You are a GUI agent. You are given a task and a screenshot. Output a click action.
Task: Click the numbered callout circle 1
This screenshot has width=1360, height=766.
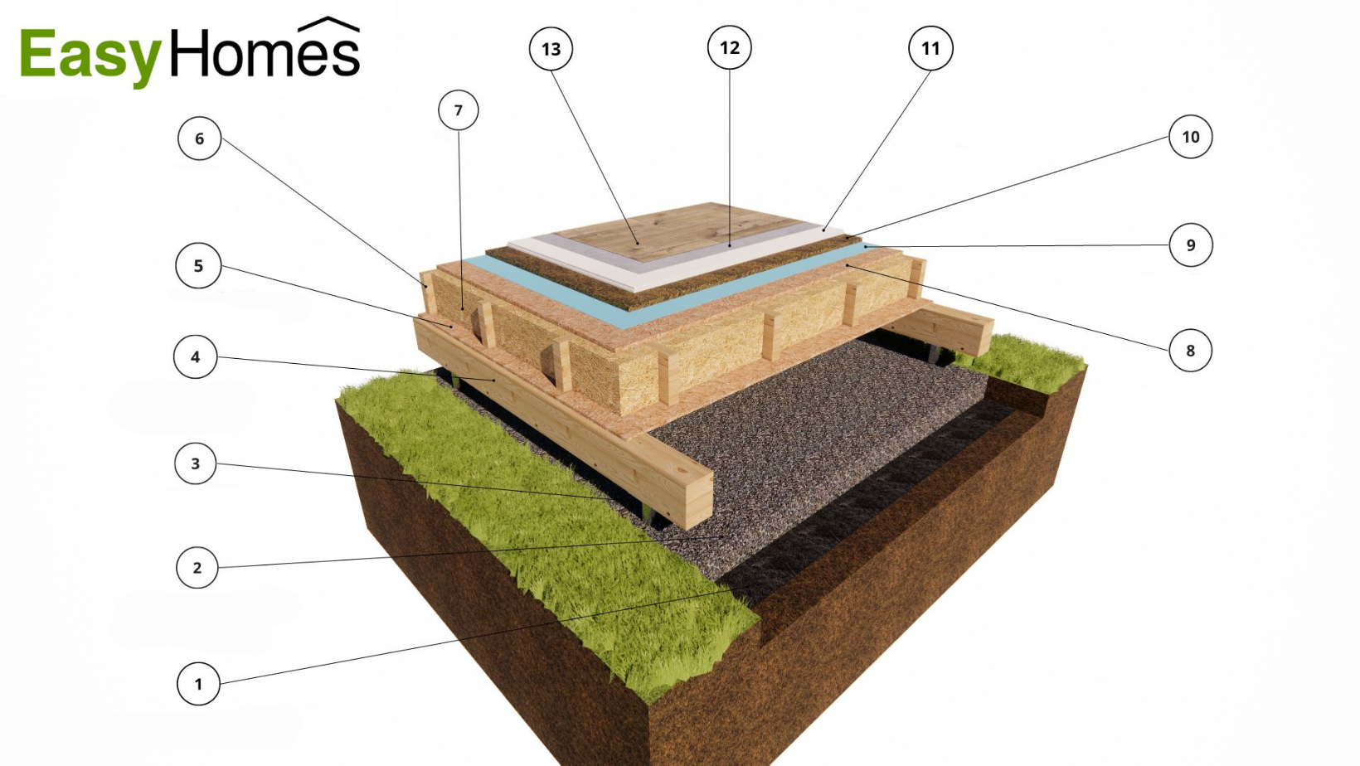tap(198, 684)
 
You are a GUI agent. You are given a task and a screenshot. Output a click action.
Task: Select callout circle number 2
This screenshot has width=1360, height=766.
tap(197, 568)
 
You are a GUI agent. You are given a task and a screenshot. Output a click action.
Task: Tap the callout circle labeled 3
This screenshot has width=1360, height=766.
tap(196, 463)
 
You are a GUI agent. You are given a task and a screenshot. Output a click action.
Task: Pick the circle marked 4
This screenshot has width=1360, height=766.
tap(195, 357)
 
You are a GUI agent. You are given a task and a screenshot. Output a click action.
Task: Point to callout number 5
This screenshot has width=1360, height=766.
tap(198, 266)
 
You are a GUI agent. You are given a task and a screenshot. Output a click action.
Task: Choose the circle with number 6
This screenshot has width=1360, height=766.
tap(199, 138)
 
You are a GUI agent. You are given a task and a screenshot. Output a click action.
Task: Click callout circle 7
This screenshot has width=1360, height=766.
tap(459, 110)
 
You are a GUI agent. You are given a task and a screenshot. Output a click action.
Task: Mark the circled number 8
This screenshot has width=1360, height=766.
tap(1190, 351)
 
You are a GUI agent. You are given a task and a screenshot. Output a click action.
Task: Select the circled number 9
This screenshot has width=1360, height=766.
tap(1191, 245)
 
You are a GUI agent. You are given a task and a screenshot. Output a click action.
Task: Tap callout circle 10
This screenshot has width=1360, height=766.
tap(1191, 137)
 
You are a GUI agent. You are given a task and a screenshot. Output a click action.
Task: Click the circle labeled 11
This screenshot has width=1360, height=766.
tap(930, 49)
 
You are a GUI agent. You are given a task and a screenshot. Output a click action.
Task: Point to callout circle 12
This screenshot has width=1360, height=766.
tap(730, 48)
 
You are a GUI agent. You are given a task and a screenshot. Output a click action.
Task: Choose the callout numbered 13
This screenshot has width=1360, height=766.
tap(551, 49)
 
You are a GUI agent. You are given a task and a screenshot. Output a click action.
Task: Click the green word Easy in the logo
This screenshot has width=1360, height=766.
tap(90, 56)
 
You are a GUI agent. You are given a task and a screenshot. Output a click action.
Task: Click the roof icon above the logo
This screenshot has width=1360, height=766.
tap(328, 25)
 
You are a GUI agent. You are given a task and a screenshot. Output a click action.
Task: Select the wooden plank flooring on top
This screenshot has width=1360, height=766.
tap(672, 228)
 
